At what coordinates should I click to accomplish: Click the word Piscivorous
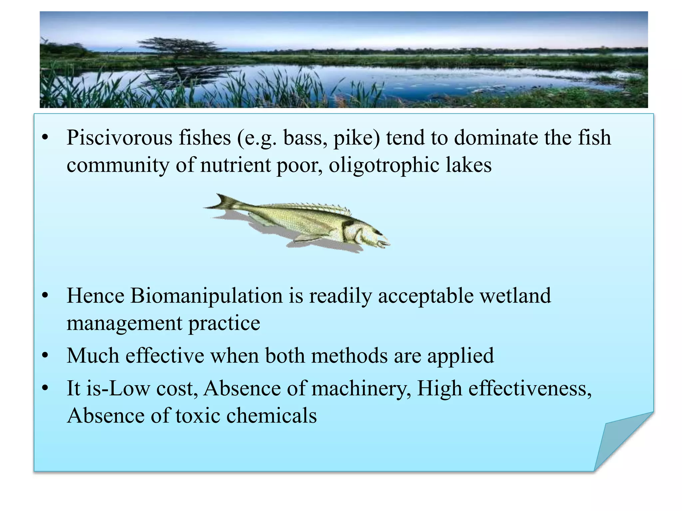[120, 138]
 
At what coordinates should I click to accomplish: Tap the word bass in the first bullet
[304, 138]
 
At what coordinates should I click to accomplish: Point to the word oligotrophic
[384, 165]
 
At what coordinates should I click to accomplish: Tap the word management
[124, 323]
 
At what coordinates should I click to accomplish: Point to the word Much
[93, 356]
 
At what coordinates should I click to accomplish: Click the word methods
[349, 356]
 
